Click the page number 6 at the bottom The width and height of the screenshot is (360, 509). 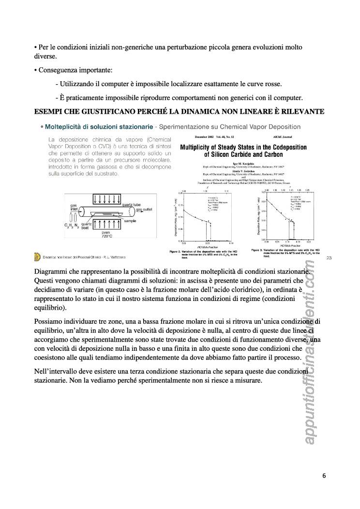click(324, 476)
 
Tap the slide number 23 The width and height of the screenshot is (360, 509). click(329, 257)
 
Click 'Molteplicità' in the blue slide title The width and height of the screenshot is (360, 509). click(66, 127)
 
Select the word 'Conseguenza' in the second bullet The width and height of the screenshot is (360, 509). click(58, 70)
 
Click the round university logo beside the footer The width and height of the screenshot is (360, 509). click(37, 257)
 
